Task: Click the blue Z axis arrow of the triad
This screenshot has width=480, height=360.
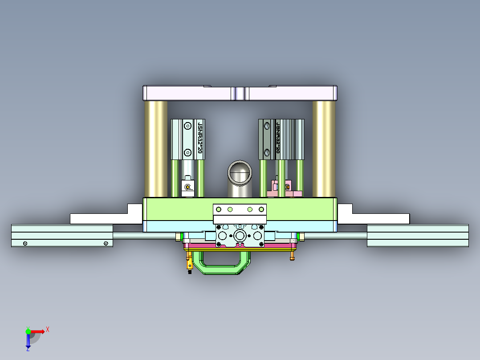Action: (x=28, y=342)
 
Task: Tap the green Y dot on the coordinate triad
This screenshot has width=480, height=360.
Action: (x=28, y=331)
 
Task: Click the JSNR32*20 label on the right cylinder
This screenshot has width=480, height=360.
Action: (x=278, y=138)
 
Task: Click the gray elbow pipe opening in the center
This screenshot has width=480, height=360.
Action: (x=240, y=172)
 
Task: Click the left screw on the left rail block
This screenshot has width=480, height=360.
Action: (x=25, y=243)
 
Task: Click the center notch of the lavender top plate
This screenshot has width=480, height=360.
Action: (x=240, y=94)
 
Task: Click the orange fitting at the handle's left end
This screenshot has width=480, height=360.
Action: (x=190, y=261)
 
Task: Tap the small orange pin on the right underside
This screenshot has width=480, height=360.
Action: (x=292, y=256)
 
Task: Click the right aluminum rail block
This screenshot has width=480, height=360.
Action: (x=417, y=236)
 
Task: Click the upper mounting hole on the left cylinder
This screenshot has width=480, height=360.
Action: (x=188, y=126)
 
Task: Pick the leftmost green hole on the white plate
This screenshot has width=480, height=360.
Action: (x=218, y=209)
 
